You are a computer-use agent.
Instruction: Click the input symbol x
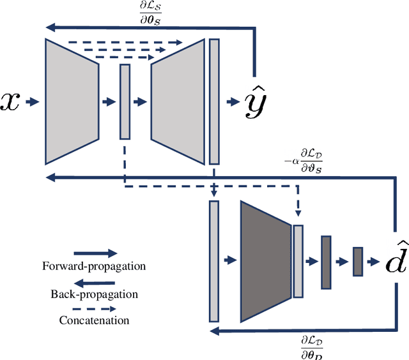(12, 101)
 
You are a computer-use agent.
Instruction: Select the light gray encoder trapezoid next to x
(73, 101)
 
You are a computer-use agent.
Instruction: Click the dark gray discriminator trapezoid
(265, 260)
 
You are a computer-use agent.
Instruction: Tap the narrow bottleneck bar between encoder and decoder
(125, 101)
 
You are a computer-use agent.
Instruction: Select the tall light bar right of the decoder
(213, 101)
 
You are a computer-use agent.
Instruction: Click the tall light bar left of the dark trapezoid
(213, 260)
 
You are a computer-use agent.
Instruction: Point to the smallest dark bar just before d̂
(357, 261)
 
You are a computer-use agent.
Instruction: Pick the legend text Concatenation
(94, 320)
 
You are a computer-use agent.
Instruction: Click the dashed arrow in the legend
(94, 308)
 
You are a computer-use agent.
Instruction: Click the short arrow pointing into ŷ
(231, 101)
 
